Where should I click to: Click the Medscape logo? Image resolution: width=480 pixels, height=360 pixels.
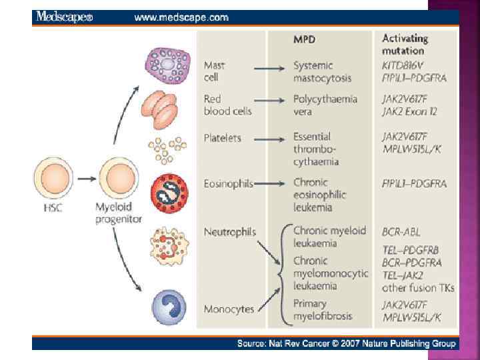click(x=65, y=17)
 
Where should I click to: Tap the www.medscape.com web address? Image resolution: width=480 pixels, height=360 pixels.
click(x=181, y=17)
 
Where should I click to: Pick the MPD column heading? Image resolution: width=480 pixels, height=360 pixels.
click(x=305, y=39)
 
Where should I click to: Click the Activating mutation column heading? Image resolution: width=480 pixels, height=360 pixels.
click(x=405, y=44)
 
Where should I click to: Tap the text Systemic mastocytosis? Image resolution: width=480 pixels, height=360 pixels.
click(x=323, y=71)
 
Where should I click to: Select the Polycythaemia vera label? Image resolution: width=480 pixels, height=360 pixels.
click(x=325, y=105)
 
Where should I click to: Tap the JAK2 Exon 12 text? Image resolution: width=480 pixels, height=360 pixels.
click(x=409, y=111)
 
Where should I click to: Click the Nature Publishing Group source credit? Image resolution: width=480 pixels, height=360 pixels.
click(x=347, y=343)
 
